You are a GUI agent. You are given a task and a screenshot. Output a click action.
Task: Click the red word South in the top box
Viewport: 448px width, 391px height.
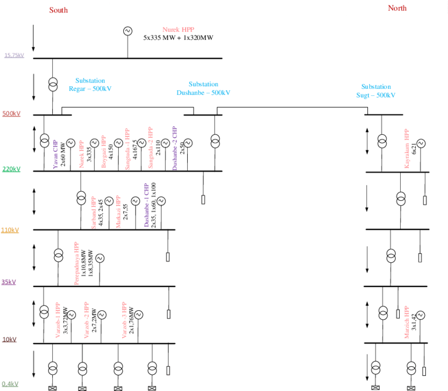[59, 10]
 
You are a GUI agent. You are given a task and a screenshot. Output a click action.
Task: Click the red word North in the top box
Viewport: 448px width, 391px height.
[397, 8]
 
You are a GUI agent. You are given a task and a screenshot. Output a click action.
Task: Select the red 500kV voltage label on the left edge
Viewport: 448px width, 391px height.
[11, 114]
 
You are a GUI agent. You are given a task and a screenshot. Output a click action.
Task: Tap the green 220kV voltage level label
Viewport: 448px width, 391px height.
[11, 169]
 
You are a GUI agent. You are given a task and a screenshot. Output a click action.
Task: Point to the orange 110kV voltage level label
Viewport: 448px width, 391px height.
[10, 230]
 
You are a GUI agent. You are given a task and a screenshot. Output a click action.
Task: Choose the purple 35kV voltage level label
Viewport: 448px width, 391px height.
[9, 282]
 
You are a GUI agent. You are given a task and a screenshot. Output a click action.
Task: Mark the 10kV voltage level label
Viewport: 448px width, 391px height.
[9, 340]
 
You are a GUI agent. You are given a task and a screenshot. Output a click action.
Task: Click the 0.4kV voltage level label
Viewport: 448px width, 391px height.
[10, 384]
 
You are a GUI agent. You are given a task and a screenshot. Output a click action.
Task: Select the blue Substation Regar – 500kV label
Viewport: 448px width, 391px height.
[90, 85]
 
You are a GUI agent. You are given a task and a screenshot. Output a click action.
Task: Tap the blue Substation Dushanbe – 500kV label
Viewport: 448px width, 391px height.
[203, 88]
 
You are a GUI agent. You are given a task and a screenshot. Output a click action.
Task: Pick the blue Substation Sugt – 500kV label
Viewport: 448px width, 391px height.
[376, 90]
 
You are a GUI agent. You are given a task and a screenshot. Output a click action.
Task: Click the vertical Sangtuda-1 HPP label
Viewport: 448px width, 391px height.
[127, 149]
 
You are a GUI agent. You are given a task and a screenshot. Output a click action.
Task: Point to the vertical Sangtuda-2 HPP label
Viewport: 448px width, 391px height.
[151, 148]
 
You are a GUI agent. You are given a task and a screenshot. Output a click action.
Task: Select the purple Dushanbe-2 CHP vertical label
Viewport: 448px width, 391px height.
[174, 148]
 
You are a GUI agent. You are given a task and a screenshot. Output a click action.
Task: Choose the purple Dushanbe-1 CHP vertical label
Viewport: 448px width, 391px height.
[147, 205]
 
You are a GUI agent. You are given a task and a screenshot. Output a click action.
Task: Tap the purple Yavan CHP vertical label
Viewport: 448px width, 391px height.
[55, 154]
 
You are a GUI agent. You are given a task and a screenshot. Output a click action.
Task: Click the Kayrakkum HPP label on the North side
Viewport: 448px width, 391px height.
[407, 149]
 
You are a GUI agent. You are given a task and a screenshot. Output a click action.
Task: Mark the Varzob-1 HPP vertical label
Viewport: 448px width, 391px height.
[58, 320]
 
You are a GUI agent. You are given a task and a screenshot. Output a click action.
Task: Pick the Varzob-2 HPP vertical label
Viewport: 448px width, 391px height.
[87, 320]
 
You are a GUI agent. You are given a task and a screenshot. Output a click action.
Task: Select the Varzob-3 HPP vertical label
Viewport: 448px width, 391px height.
[124, 320]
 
